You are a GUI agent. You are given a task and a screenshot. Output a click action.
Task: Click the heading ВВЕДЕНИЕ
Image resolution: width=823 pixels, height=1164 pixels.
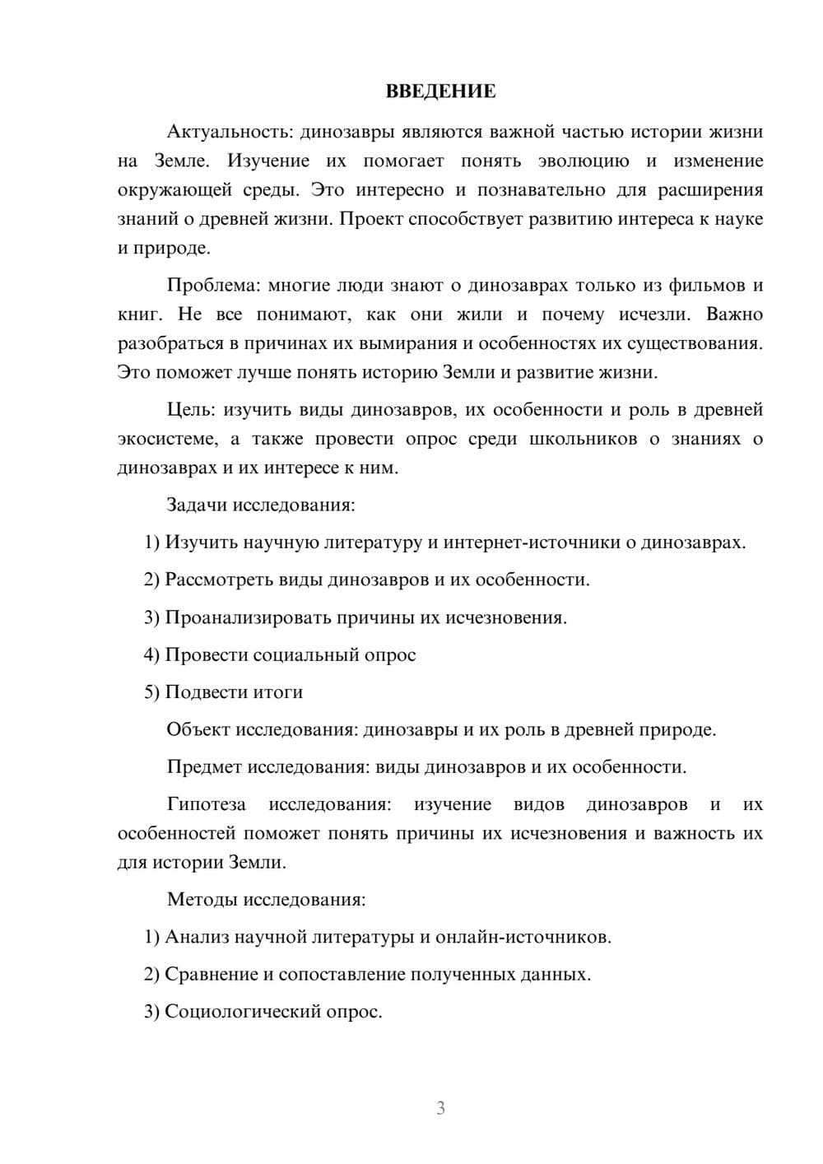pos(440,91)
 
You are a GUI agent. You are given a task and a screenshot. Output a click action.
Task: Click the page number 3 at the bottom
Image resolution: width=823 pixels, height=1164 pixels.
pos(440,1108)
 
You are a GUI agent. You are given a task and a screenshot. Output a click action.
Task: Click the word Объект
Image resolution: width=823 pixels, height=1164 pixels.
pos(198,730)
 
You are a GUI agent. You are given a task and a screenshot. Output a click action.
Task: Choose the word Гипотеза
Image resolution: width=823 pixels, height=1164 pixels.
pos(206,804)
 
